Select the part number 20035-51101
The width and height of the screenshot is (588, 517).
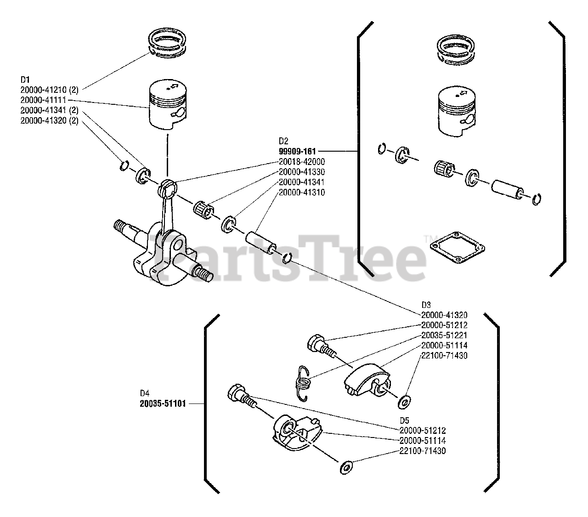(x=163, y=405)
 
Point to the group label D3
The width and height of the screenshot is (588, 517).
(x=426, y=305)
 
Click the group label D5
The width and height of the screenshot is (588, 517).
(x=404, y=420)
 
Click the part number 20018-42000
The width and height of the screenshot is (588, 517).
(x=302, y=161)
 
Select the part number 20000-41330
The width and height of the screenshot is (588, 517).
(x=302, y=172)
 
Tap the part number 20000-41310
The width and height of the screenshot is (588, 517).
(x=302, y=193)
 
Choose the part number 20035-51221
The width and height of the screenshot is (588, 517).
(x=444, y=335)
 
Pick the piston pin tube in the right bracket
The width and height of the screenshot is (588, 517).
(x=508, y=189)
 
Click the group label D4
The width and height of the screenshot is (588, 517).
(x=145, y=393)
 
